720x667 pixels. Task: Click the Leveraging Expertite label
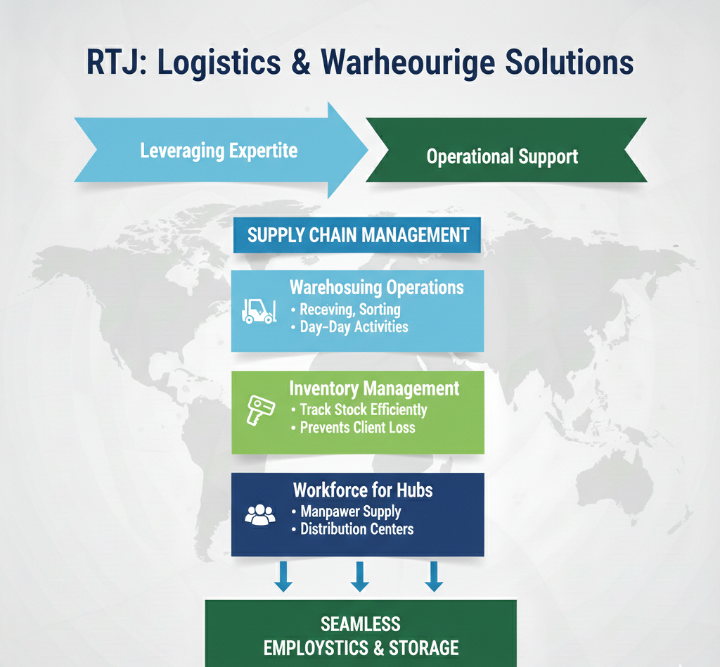[x=219, y=151]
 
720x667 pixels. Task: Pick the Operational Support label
[x=502, y=155]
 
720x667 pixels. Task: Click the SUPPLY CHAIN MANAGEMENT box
[x=358, y=234]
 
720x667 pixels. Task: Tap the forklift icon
[x=258, y=310]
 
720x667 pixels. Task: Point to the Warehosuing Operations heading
[x=376, y=287]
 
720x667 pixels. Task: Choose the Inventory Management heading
[x=374, y=388]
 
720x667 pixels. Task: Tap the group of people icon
[x=259, y=514]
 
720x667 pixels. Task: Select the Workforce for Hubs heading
[x=364, y=490]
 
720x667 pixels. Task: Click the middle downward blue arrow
[x=359, y=576]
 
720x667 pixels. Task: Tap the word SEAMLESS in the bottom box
[x=361, y=623]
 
